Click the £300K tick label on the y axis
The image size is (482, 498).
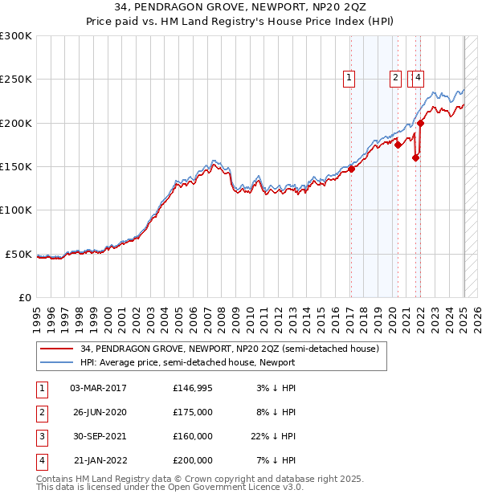(x=16, y=36)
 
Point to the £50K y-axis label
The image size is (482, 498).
(x=19, y=254)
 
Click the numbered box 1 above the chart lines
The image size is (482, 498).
(x=350, y=78)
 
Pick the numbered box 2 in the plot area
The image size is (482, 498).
(x=396, y=78)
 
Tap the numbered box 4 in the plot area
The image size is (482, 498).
(x=419, y=78)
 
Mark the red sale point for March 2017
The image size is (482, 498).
(x=352, y=169)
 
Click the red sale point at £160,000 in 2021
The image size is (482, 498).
(x=415, y=158)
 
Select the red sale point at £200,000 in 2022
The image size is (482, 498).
(x=421, y=123)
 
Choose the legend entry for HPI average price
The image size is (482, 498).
(x=187, y=362)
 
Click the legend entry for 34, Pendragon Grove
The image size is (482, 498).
(x=230, y=349)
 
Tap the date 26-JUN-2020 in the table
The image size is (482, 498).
(x=99, y=412)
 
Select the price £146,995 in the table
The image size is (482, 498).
(x=192, y=388)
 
